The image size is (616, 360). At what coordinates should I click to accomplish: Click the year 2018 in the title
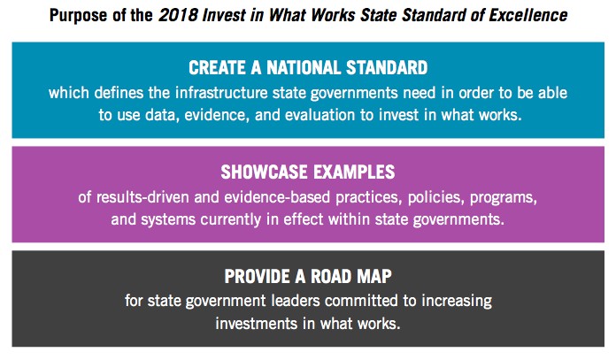178,15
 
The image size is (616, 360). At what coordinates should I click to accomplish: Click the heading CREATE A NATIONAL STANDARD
308,67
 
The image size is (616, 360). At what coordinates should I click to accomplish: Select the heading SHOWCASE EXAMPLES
308,172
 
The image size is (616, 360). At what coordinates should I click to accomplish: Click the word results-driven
142,196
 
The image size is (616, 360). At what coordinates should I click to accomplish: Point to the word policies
436,197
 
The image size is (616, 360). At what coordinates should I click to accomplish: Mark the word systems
168,220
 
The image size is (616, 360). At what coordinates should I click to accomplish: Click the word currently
231,220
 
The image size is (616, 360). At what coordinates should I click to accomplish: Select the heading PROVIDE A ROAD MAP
308,276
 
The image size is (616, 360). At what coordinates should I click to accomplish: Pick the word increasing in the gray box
457,302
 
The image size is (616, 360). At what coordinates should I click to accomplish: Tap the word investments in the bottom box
257,324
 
